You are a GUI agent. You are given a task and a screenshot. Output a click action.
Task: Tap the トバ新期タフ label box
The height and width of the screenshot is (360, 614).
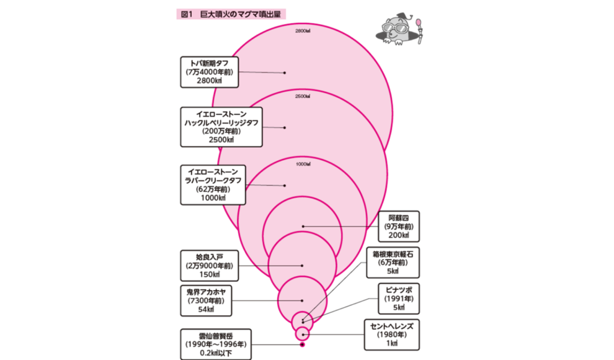click(x=212, y=72)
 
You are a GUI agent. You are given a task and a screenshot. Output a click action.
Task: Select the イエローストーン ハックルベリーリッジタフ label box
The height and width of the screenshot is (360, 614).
click(x=221, y=127)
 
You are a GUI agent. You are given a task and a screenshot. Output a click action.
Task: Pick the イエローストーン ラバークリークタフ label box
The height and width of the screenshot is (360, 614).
click(x=212, y=184)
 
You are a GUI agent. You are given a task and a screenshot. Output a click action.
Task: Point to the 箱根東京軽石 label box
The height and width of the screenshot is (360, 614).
click(x=393, y=262)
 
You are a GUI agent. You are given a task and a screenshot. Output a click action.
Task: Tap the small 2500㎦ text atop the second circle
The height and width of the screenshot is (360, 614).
click(x=302, y=96)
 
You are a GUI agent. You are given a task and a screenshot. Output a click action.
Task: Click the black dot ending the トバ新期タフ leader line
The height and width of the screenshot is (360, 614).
click(x=285, y=73)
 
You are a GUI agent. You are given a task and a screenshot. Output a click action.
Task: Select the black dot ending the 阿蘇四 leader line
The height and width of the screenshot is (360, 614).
click(x=303, y=226)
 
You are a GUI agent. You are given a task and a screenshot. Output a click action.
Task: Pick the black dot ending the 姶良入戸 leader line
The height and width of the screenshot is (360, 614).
click(x=302, y=265)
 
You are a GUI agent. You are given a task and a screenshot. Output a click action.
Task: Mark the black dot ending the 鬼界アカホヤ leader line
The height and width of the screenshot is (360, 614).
click(x=302, y=301)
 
